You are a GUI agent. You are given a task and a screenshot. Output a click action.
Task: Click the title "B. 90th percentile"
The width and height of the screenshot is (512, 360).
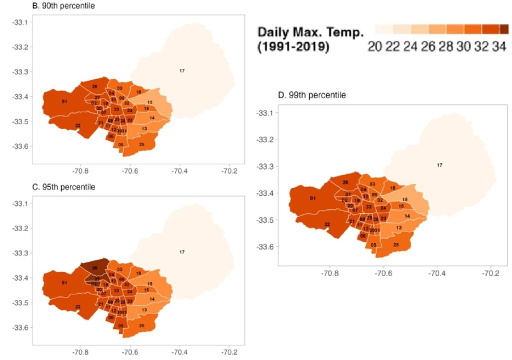tap(35, 6)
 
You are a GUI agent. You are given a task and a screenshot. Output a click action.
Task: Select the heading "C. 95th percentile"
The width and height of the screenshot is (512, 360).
tap(35, 187)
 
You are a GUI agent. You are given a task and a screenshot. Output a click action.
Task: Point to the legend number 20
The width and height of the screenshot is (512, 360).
tap(374, 47)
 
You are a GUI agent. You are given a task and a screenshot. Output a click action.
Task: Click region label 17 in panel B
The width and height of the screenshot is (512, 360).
tap(182, 71)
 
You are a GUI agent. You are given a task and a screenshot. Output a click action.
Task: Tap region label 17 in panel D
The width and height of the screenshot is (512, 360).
tap(439, 165)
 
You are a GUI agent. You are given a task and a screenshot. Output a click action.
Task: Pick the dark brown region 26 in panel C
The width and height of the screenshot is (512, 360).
tap(94, 267)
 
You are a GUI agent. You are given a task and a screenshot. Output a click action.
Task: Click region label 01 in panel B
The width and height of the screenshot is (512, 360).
tap(64, 102)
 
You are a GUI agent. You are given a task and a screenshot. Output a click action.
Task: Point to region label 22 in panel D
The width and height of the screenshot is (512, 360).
tap(326, 224)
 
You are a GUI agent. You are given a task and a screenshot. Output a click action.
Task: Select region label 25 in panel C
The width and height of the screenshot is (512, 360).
tap(142, 326)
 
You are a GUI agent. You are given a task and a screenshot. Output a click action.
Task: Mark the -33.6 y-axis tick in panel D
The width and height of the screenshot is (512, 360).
tap(263, 247)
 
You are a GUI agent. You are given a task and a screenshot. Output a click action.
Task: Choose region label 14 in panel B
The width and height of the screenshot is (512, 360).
tap(151, 117)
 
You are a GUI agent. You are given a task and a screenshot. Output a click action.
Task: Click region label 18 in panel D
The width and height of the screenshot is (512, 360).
tap(392, 188)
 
